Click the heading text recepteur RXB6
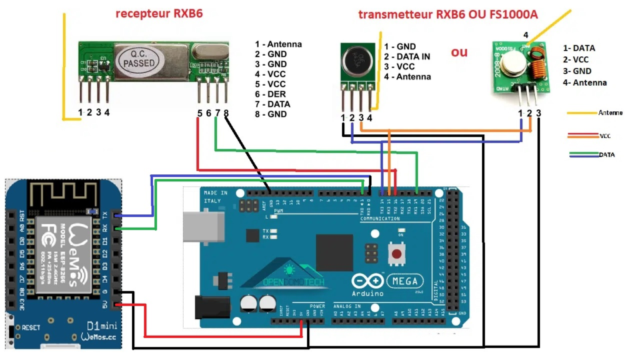point(159,12)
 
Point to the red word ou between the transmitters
point(459,52)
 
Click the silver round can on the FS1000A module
point(514,61)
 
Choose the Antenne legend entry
point(609,112)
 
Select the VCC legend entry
point(604,135)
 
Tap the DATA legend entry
point(606,154)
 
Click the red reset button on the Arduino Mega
point(396,253)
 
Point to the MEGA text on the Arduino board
point(405,282)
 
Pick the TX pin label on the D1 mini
point(105,214)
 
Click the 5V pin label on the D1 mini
point(105,305)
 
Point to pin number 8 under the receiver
point(226,113)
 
